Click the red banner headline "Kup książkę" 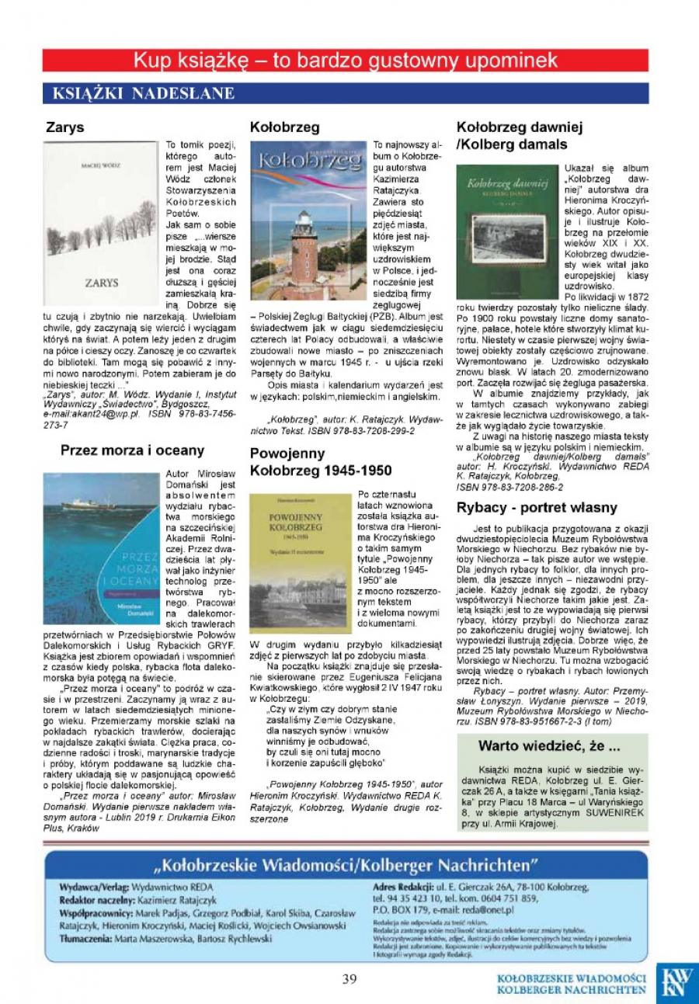coord(346,60)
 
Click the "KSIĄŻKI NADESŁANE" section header coord(143,93)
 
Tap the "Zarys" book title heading coord(64,127)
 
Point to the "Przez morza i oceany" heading coord(132,450)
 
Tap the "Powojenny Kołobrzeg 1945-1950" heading coord(321,462)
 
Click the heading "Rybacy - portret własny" coord(537,507)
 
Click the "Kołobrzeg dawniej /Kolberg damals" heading coord(520,135)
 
